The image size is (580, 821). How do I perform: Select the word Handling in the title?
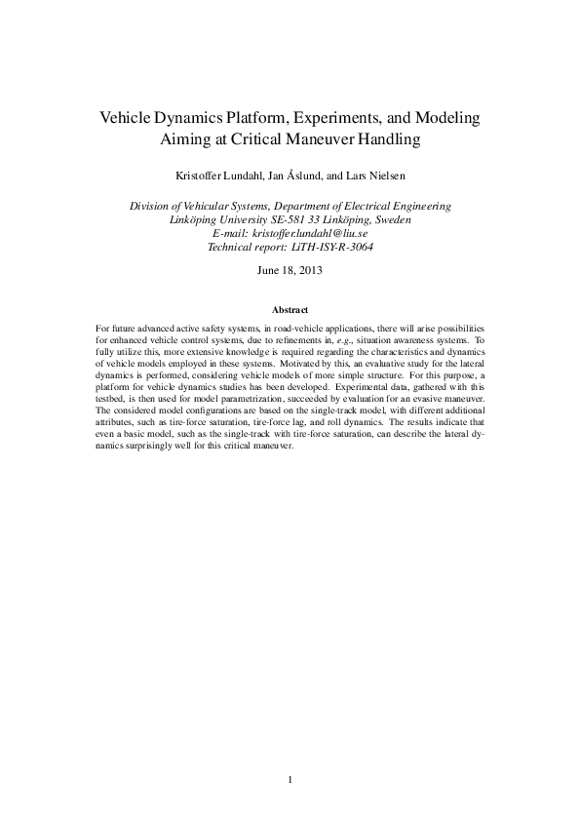(382, 139)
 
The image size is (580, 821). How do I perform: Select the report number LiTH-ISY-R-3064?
(327, 248)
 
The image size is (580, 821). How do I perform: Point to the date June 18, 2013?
(290, 270)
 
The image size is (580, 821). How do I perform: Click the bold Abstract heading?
(290, 309)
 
